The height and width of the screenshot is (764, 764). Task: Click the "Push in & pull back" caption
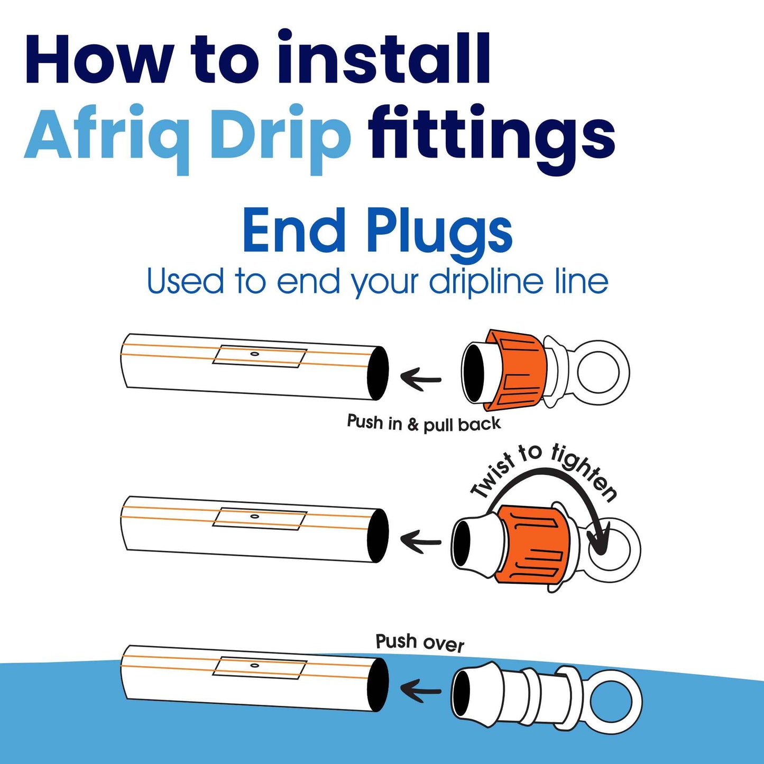tap(424, 423)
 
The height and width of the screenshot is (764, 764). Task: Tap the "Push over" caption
tap(419, 643)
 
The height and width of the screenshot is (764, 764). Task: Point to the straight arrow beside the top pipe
tap(421, 378)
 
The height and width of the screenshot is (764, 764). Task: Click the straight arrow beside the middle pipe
tap(421, 541)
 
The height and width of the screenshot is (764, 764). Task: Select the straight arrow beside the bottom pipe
tap(421, 691)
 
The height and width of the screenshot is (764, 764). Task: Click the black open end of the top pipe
tap(378, 373)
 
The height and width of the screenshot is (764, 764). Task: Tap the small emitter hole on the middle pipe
tap(255, 516)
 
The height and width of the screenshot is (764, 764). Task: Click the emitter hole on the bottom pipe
tap(255, 665)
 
